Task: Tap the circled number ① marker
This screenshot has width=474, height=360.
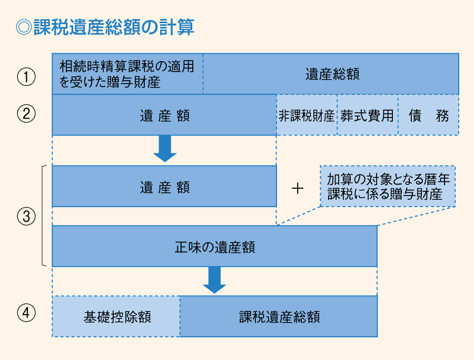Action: [x=26, y=77]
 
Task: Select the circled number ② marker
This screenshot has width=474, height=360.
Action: [x=26, y=115]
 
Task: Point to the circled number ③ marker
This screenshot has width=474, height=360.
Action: [x=26, y=216]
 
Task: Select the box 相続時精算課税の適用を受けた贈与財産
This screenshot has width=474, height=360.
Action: [x=127, y=74]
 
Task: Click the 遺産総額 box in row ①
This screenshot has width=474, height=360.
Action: [x=331, y=74]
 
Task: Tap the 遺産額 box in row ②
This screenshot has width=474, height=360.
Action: [x=164, y=115]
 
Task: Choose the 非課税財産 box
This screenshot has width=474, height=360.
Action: [x=307, y=115]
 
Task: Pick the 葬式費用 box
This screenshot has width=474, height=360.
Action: [x=367, y=115]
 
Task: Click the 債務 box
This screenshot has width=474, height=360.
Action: [x=428, y=115]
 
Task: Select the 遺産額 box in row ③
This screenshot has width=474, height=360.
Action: [x=164, y=187]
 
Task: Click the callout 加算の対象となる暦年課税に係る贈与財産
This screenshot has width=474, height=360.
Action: [x=388, y=186]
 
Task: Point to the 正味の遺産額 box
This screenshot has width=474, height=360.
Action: [x=214, y=247]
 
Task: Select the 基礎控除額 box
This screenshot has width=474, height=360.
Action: [x=116, y=316]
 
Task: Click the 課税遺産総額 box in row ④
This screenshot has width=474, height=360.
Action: [x=279, y=316]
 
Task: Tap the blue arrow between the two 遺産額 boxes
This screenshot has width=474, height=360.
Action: [x=165, y=149]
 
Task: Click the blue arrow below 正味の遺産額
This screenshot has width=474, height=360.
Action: [x=214, y=280]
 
